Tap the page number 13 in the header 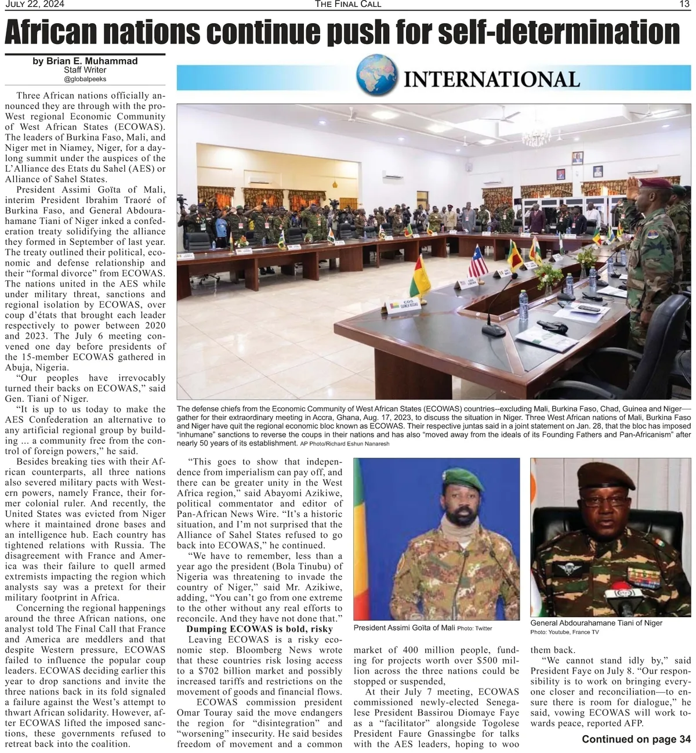(x=684, y=4)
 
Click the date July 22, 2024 (x=35, y=4)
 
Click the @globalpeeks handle (x=85, y=79)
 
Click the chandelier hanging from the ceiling (x=536, y=136)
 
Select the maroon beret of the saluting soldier (x=654, y=184)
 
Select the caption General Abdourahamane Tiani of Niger (x=596, y=622)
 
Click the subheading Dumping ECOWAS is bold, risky (x=259, y=629)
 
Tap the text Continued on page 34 (x=636, y=739)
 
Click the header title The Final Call (x=348, y=4)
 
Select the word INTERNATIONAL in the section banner (x=491, y=79)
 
